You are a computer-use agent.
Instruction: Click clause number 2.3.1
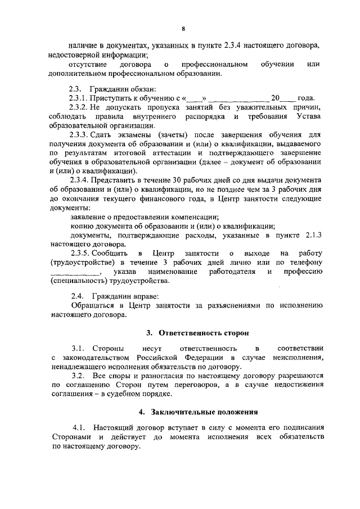77,97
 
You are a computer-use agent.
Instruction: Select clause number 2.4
76,296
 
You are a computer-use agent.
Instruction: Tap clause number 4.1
79,427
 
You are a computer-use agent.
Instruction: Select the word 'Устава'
308,116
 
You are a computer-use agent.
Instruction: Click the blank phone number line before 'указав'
73,273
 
